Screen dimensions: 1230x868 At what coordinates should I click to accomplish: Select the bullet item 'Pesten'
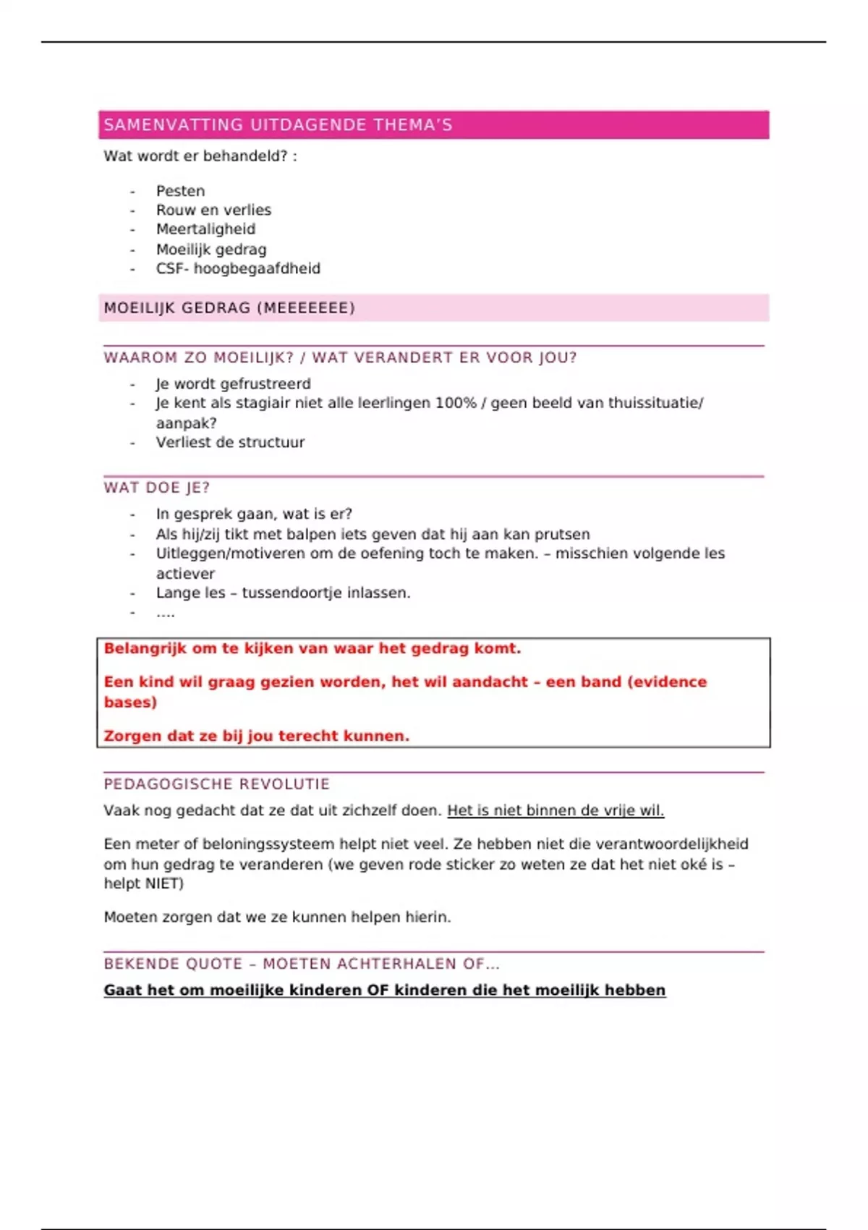pos(180,191)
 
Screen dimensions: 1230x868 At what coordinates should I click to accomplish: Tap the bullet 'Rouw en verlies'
pos(213,210)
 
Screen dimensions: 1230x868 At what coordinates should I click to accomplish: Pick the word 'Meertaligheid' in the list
pos(205,229)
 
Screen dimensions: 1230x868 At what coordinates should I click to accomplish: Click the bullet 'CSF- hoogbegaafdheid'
pos(238,268)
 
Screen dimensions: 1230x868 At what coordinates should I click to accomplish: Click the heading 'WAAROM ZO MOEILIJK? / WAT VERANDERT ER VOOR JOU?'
pos(340,357)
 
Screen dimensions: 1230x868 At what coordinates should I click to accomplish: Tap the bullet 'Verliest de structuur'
pos(230,442)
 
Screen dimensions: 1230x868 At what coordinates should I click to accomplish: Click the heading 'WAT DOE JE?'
pos(156,488)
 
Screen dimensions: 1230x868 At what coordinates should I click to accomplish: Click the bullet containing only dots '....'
pos(165,613)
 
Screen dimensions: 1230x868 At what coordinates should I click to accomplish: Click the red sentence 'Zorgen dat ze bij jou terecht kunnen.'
pos(256,736)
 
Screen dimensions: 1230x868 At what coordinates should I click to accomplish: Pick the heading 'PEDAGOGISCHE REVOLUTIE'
pos(216,784)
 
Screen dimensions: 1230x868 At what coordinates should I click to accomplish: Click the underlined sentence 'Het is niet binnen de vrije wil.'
pos(556,810)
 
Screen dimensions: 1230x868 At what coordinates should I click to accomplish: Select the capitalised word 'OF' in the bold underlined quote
pos(378,990)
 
